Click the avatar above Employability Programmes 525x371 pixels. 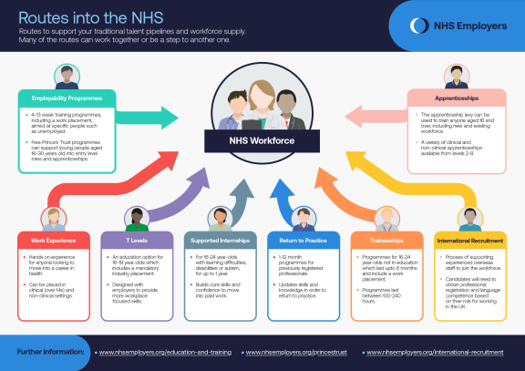pyautogui.click(x=67, y=76)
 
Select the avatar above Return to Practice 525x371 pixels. pyautogui.click(x=303, y=219)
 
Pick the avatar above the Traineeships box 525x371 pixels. pyautogui.click(x=386, y=219)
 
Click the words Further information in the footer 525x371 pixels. pyautogui.click(x=51, y=351)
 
